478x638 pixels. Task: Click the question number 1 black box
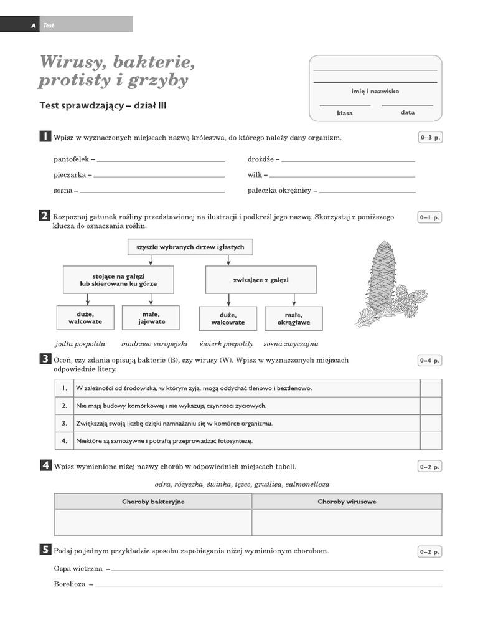(x=45, y=136)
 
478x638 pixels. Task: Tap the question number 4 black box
(x=45, y=465)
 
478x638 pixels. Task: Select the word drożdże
(x=261, y=159)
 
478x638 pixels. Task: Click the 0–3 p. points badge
(x=429, y=138)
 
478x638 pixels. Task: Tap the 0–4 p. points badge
(x=429, y=360)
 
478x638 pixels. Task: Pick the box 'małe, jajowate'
(x=151, y=318)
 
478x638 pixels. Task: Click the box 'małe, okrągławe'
(x=293, y=318)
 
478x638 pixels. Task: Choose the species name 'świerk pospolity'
(x=227, y=343)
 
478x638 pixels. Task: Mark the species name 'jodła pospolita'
(x=80, y=343)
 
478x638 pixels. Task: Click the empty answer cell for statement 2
(x=431, y=406)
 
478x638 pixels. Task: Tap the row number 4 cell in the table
(x=64, y=440)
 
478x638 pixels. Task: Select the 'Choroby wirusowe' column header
(x=347, y=502)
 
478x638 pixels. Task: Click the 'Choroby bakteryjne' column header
(x=153, y=502)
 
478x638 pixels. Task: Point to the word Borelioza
(x=70, y=584)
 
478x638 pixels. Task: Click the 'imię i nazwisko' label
(x=375, y=92)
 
